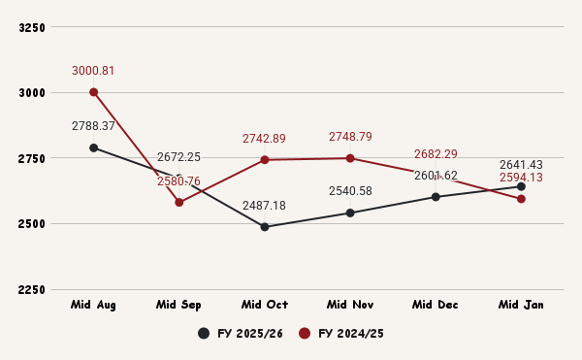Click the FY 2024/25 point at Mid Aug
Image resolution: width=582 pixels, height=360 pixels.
coord(94,92)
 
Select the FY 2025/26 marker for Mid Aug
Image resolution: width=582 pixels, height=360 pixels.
coord(94,147)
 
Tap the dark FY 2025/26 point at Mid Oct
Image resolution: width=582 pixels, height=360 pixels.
coord(265,227)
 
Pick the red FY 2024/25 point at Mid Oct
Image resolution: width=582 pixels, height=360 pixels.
coord(265,159)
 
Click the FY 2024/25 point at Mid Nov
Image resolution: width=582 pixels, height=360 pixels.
coord(350,158)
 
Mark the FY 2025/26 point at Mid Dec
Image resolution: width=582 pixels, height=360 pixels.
coord(436,197)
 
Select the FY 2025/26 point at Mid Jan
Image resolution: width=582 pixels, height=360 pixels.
coord(521,186)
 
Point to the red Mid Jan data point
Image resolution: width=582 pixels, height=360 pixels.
coord(521,199)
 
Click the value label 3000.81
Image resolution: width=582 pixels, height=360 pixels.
coord(93,71)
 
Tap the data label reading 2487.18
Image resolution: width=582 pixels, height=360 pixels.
coord(264,206)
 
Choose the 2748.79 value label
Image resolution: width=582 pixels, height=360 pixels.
coord(350,137)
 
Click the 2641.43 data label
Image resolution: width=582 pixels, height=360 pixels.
coord(521,165)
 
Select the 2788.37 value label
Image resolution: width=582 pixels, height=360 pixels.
coord(93,126)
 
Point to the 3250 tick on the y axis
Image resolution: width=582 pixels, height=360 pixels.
coord(33,27)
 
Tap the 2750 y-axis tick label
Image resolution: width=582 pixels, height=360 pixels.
coord(33,158)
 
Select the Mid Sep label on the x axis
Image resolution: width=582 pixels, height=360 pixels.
coord(179,305)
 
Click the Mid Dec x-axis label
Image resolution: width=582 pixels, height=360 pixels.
coord(436,305)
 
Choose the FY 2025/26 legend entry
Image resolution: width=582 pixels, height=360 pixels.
coord(242,334)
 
